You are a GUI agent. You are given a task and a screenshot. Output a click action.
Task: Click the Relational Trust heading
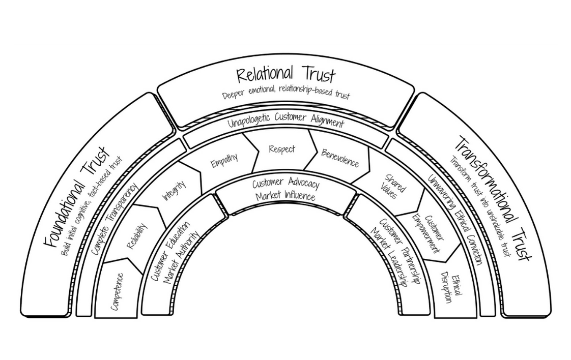point(286,75)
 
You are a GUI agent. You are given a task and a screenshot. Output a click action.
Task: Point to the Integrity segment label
point(174,191)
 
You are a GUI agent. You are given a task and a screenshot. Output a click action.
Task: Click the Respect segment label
point(282,149)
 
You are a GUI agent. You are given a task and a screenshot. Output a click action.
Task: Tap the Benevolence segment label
point(340,157)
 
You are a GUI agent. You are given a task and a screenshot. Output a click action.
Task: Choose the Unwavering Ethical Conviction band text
point(455,219)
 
